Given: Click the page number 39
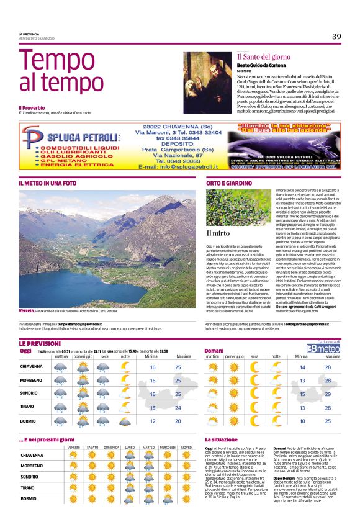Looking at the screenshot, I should click(x=336, y=37).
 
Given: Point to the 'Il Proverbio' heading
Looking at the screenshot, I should click(x=32, y=107).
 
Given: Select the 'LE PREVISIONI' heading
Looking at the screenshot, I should click(x=40, y=343).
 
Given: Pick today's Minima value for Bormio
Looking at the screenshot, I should click(x=153, y=420).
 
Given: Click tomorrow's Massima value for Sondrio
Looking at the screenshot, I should click(x=328, y=394).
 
